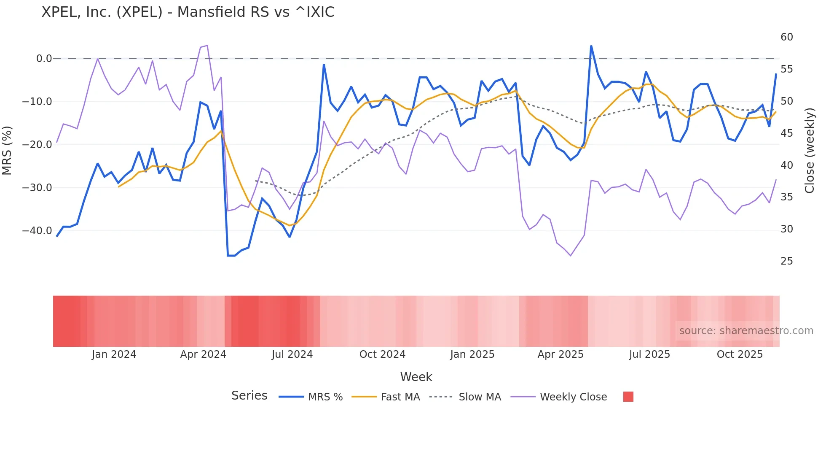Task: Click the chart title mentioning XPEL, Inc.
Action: click(x=188, y=12)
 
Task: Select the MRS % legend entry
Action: click(x=325, y=397)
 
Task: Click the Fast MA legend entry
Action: click(x=400, y=397)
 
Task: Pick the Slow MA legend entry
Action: click(x=480, y=397)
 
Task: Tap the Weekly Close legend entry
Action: click(x=573, y=397)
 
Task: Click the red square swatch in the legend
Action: click(x=628, y=397)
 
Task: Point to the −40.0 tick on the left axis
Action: click(x=37, y=231)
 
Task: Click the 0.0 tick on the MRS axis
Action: click(x=44, y=59)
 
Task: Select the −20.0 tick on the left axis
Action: click(x=37, y=145)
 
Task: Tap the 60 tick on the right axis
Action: click(x=786, y=37)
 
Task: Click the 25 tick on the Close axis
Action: click(x=786, y=261)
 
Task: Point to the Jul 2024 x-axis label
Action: click(x=292, y=354)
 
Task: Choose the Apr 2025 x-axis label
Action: click(x=560, y=354)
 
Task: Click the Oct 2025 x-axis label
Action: click(x=740, y=354)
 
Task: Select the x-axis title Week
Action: click(x=416, y=377)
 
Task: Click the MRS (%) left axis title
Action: click(x=7, y=150)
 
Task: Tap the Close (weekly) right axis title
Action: click(x=809, y=151)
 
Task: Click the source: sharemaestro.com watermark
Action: click(x=746, y=331)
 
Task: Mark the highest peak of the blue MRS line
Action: click(x=591, y=46)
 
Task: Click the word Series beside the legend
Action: click(x=249, y=396)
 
